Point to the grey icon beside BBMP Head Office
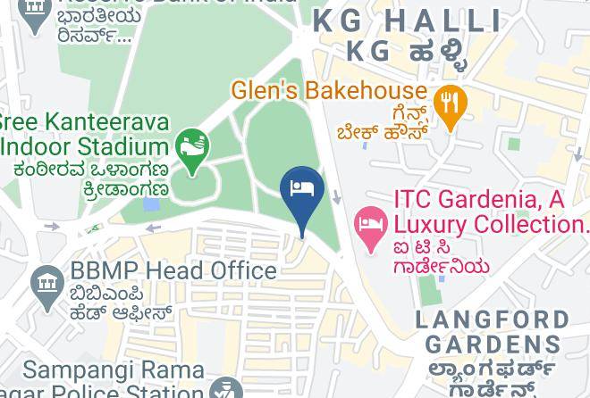click(x=46, y=285)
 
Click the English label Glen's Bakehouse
click(x=328, y=90)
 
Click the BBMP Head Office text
click(x=173, y=270)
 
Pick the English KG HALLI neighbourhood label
click(x=408, y=21)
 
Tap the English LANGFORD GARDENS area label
click(x=493, y=332)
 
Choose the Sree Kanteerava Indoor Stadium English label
click(x=84, y=134)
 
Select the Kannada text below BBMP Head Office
click(x=120, y=303)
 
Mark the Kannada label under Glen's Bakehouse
click(x=383, y=123)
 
